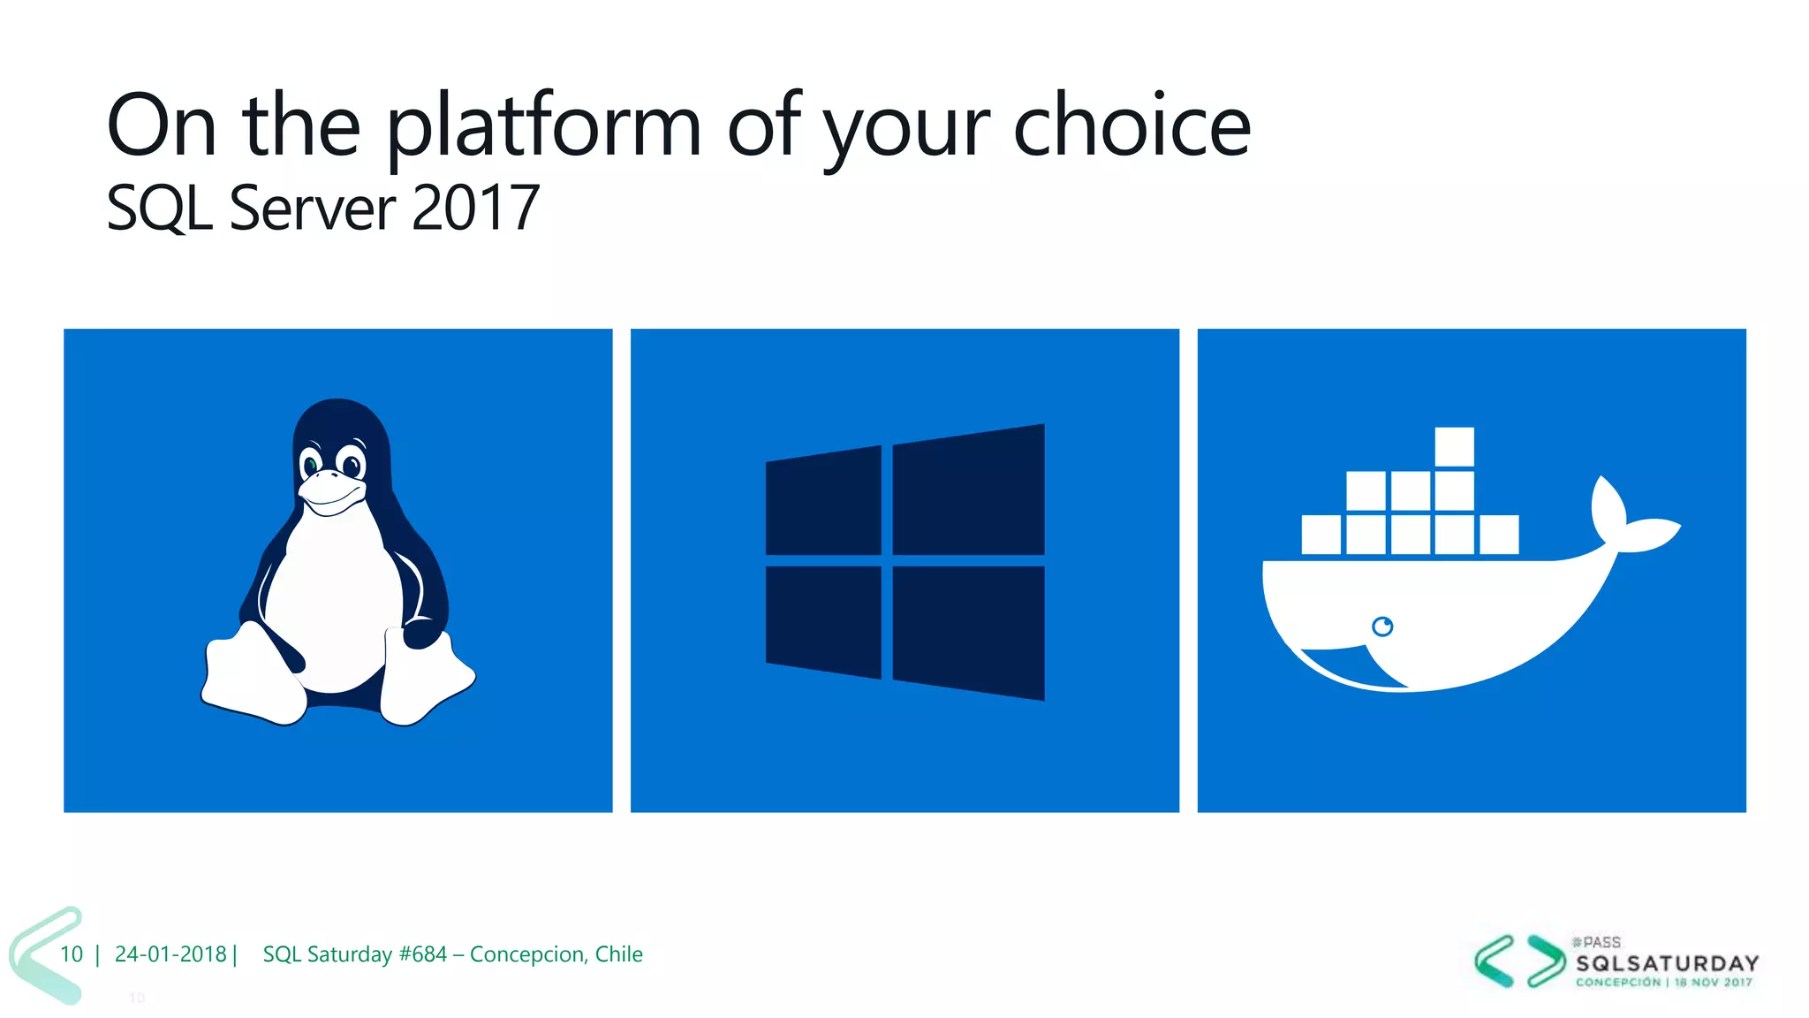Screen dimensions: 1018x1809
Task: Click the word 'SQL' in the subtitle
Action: pos(159,209)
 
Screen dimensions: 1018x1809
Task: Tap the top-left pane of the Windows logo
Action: pos(823,501)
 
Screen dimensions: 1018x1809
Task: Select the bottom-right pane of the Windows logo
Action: pos(968,632)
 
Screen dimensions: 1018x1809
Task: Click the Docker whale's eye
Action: pos(1382,627)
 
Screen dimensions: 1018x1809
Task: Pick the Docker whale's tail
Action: pos(1630,521)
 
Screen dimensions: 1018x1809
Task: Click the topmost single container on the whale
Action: pos(1454,446)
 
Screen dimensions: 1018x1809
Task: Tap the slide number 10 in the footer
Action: pos(72,954)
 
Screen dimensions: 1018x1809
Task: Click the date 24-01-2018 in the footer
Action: pos(170,954)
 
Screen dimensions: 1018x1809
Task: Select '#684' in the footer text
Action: pos(422,954)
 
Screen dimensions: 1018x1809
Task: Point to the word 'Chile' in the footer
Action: pos(618,954)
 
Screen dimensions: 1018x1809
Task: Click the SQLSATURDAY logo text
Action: pos(1667,963)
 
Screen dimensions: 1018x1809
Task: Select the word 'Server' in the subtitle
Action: pos(312,209)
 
